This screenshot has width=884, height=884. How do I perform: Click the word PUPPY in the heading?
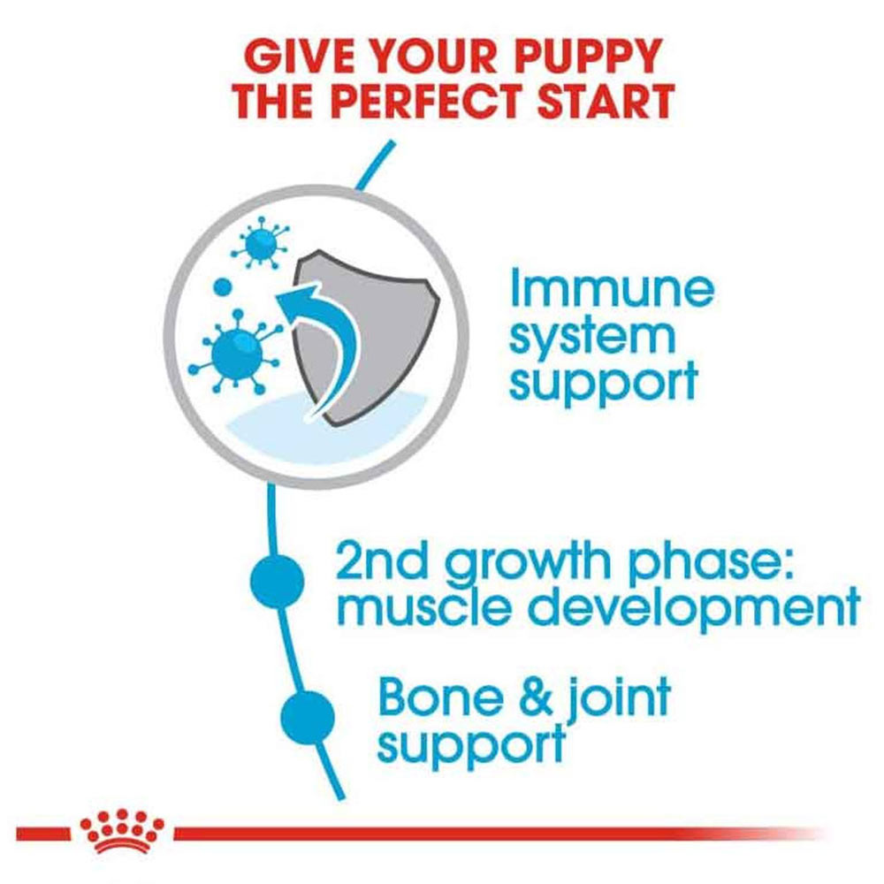click(x=582, y=57)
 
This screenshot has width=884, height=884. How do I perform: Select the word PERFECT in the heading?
click(x=430, y=101)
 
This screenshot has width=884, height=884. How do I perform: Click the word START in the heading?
click(x=605, y=101)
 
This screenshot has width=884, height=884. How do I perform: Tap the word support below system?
click(x=603, y=384)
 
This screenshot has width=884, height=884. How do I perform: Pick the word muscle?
click(x=426, y=606)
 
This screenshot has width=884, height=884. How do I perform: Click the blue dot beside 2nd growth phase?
click(x=277, y=581)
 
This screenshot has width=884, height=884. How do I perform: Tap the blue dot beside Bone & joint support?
click(x=308, y=718)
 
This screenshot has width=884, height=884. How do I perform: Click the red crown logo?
click(x=122, y=830)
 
